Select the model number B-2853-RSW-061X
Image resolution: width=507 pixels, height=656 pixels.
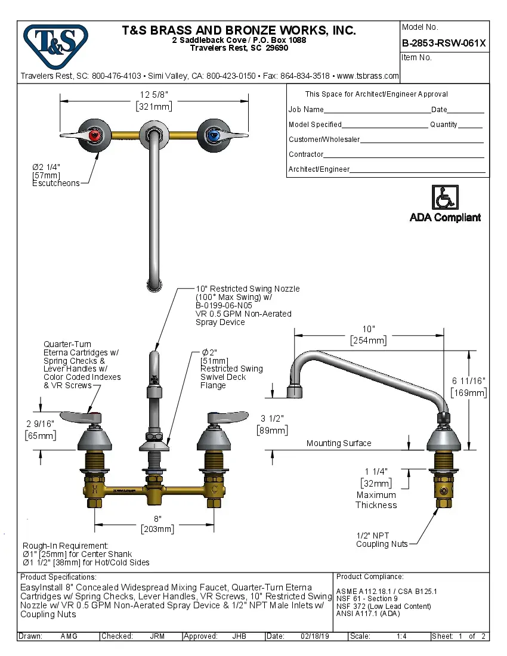click(x=444, y=43)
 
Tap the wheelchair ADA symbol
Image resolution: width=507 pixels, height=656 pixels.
click(x=444, y=197)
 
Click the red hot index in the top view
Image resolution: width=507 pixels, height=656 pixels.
click(x=92, y=136)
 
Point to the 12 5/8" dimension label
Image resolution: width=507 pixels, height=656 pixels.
click(x=154, y=95)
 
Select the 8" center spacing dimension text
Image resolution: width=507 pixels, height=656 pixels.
click(x=157, y=519)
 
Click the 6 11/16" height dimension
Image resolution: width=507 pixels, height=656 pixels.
click(x=469, y=381)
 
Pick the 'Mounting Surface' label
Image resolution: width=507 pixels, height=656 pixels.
click(x=339, y=443)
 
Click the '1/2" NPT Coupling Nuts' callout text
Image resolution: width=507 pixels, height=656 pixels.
click(x=382, y=540)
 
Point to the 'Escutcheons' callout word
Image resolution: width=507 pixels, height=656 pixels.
click(x=55, y=183)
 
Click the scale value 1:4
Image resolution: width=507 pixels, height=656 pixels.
click(x=401, y=636)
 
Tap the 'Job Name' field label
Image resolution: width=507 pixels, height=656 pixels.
click(x=306, y=110)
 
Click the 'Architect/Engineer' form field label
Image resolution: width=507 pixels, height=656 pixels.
click(x=319, y=169)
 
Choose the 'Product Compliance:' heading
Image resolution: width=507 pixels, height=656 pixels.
click(x=370, y=577)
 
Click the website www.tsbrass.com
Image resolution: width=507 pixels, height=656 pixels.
click(x=367, y=76)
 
